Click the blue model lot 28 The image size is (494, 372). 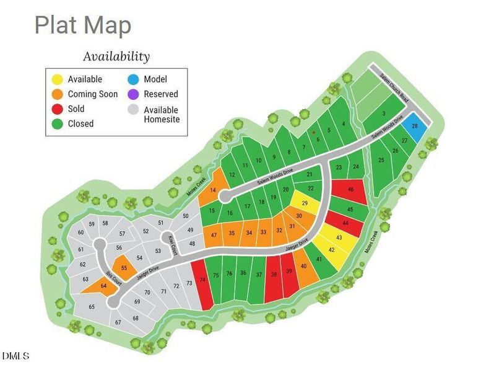pyautogui.click(x=415, y=126)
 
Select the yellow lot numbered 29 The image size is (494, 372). pyautogui.click(x=305, y=203)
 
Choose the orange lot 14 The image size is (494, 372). pyautogui.click(x=214, y=190)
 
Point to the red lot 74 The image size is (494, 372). pyautogui.click(x=202, y=280)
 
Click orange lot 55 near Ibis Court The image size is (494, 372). pyautogui.click(x=124, y=268)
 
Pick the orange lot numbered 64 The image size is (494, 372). pyautogui.click(x=103, y=286)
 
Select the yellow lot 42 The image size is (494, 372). pyautogui.click(x=332, y=250)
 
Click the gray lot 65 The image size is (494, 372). pyautogui.click(x=92, y=307)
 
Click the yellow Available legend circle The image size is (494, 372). pyautogui.click(x=56, y=79)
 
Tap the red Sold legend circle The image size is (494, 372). pyautogui.click(x=56, y=108)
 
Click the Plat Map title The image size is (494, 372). pyautogui.click(x=83, y=26)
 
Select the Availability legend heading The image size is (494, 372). pyautogui.click(x=116, y=56)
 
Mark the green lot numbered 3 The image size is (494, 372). pyautogui.click(x=384, y=114)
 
